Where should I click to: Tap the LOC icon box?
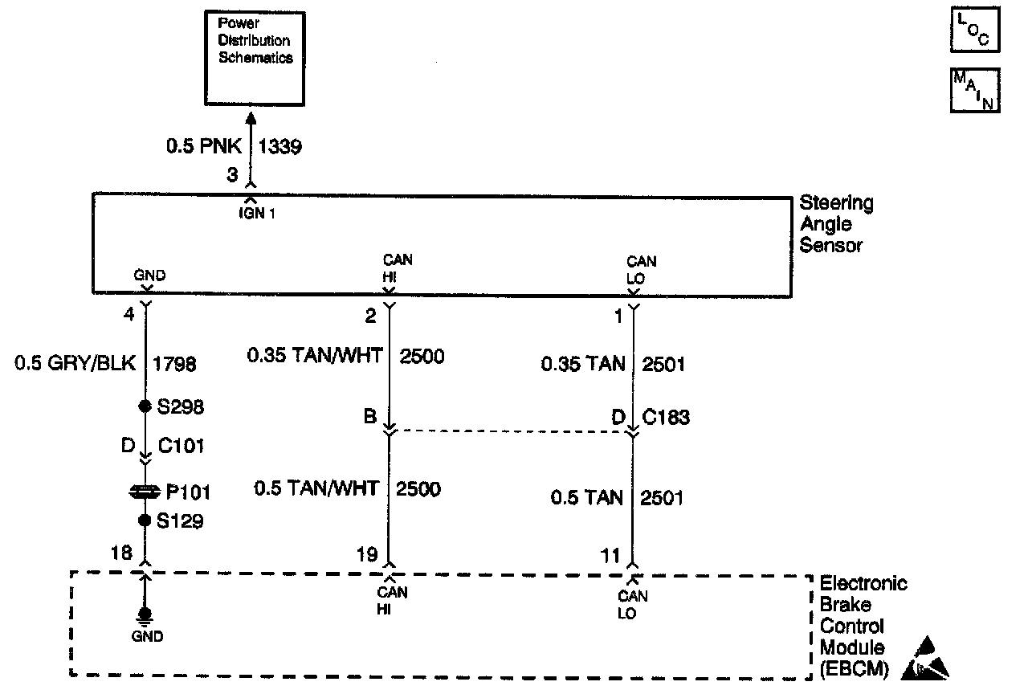coord(975,31)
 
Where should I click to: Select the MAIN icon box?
coord(975,90)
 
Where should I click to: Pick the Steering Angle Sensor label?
coord(836,224)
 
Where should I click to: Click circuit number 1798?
coord(174,365)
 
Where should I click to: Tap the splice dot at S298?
coord(145,406)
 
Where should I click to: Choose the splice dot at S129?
coord(145,520)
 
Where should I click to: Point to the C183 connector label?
coord(667,418)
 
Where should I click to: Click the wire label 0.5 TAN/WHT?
coord(316,488)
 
